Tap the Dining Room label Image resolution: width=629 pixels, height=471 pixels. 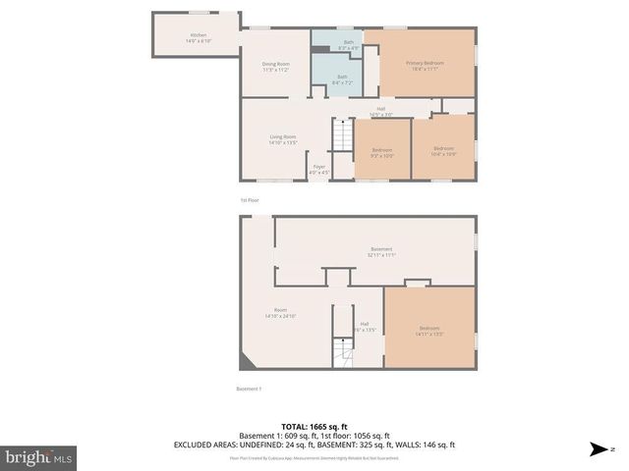click(275, 67)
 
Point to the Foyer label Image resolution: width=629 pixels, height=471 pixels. click(319, 169)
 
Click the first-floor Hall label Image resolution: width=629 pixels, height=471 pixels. click(380, 112)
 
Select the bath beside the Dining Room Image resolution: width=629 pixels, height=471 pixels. click(342, 78)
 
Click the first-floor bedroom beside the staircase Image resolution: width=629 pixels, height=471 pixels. click(382, 152)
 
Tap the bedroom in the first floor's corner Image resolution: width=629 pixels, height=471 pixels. click(443, 152)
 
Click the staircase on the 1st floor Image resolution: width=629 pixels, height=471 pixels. click(342, 134)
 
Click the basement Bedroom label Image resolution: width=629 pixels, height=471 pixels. click(429, 330)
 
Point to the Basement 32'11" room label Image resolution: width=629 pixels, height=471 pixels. click(381, 251)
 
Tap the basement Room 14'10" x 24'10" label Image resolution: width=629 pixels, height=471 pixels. click(280, 314)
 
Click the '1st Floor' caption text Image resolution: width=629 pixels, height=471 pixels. click(250, 199)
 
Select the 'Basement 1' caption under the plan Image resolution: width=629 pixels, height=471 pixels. click(249, 389)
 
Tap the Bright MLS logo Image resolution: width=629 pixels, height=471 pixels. click(39, 457)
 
